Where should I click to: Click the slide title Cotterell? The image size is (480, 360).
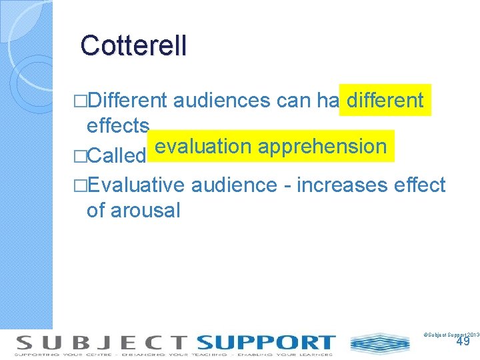[133, 45]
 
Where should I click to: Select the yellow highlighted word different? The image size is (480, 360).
[385, 101]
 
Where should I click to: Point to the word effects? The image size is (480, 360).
[118, 125]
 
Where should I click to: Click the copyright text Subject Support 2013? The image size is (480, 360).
[451, 333]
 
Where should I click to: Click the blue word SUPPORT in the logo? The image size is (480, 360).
[265, 343]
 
